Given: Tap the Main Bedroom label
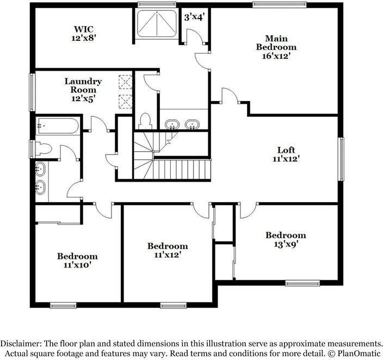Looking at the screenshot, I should (276, 43).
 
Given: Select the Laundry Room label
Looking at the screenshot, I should (83, 85).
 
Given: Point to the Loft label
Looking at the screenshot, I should (286, 150).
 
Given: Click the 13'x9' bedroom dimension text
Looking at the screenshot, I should (286, 244).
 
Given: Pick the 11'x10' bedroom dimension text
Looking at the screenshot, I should (77, 265).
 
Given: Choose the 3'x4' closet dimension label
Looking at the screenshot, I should (194, 17).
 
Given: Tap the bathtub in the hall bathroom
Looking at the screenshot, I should (58, 127).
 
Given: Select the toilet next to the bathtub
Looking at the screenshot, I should (44, 148).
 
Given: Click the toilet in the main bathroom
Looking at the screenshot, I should (145, 120).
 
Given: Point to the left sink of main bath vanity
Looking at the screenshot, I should (172, 125).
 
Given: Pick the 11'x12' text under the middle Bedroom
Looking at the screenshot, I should (168, 255).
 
